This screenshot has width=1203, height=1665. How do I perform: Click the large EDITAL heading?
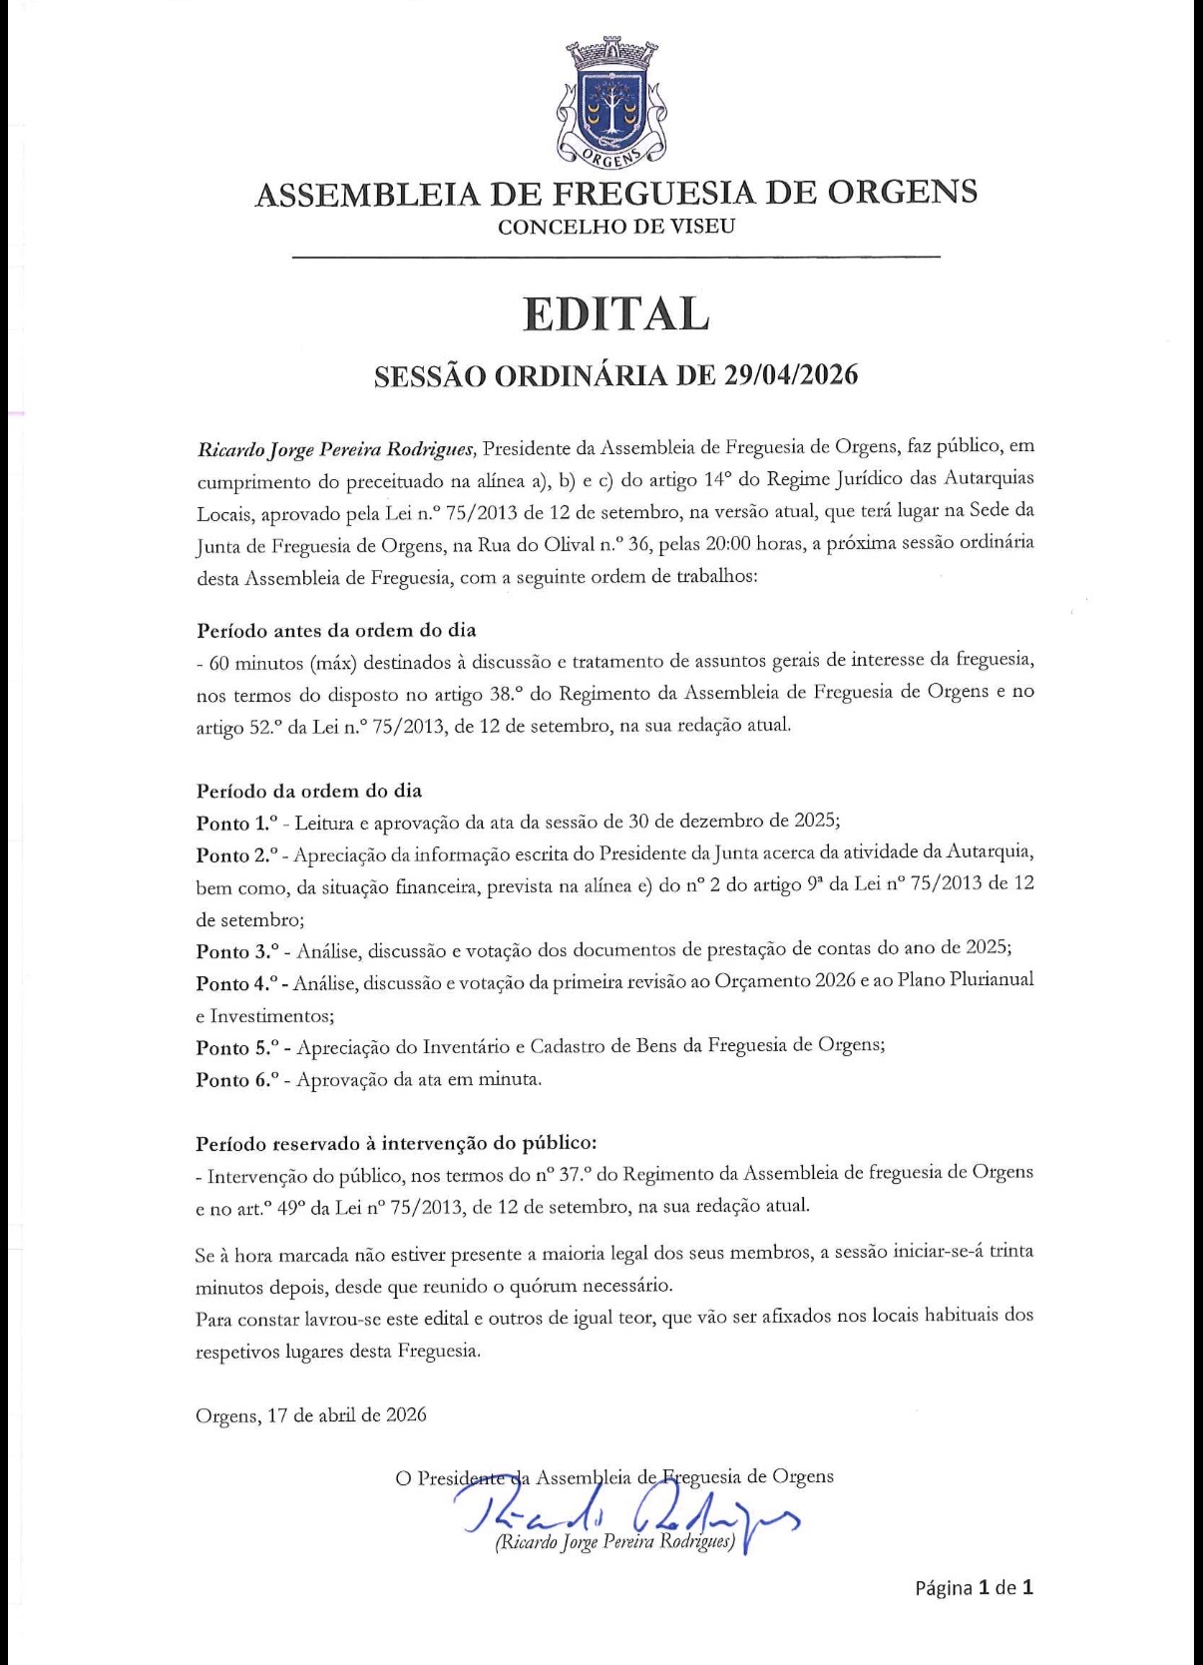[x=615, y=314]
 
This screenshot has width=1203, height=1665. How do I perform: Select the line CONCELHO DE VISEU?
[x=615, y=227]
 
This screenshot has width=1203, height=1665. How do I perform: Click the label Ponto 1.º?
[x=236, y=824]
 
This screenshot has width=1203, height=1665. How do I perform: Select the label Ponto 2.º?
[x=236, y=855]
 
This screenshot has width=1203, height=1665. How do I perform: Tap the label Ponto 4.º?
[x=236, y=983]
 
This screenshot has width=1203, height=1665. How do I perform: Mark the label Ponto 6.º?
[x=236, y=1080]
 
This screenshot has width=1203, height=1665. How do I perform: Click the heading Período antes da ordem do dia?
[x=336, y=631]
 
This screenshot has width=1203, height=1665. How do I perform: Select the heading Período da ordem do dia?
[x=309, y=792]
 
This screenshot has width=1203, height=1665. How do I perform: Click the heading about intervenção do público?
[x=396, y=1143]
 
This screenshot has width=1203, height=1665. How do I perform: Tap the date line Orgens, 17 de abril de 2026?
[x=311, y=1415]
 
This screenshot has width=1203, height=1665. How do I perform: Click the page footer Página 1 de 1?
[x=974, y=1587]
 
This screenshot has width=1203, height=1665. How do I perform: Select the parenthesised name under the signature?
[x=614, y=1542]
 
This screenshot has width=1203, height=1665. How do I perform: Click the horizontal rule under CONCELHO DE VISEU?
[x=615, y=258]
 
